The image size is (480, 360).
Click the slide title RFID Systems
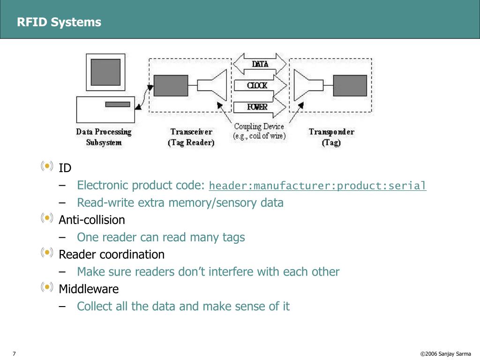pyautogui.click(x=59, y=22)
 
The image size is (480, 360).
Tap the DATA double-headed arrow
pyautogui.click(x=260, y=64)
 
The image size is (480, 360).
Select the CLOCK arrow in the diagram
pyautogui.click(x=260, y=85)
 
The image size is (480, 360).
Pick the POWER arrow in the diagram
pyautogui.click(x=260, y=107)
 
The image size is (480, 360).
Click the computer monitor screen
pyautogui.click(x=105, y=72)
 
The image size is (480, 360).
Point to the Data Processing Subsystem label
pyautogui.click(x=104, y=137)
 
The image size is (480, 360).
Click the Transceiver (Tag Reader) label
pyautogui.click(x=191, y=137)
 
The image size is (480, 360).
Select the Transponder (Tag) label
pyautogui.click(x=331, y=137)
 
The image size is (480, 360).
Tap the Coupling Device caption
pyautogui.click(x=259, y=131)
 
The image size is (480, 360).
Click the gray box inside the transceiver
pyautogui.click(x=171, y=85)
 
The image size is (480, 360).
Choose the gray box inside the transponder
pyautogui.click(x=350, y=85)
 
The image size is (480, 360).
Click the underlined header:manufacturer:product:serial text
pyautogui.click(x=317, y=186)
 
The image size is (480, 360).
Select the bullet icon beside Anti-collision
pyautogui.click(x=47, y=218)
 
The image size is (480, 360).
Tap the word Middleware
pyautogui.click(x=89, y=289)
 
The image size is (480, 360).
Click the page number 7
pyautogui.click(x=14, y=353)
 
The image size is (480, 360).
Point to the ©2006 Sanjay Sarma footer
pyautogui.click(x=445, y=353)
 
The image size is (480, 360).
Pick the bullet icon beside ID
pyautogui.click(x=47, y=166)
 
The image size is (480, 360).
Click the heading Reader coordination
pyautogui.click(x=112, y=255)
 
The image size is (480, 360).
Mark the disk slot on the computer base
pyautogui.click(x=118, y=105)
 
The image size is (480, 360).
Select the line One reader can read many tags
pyautogui.click(x=161, y=237)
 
